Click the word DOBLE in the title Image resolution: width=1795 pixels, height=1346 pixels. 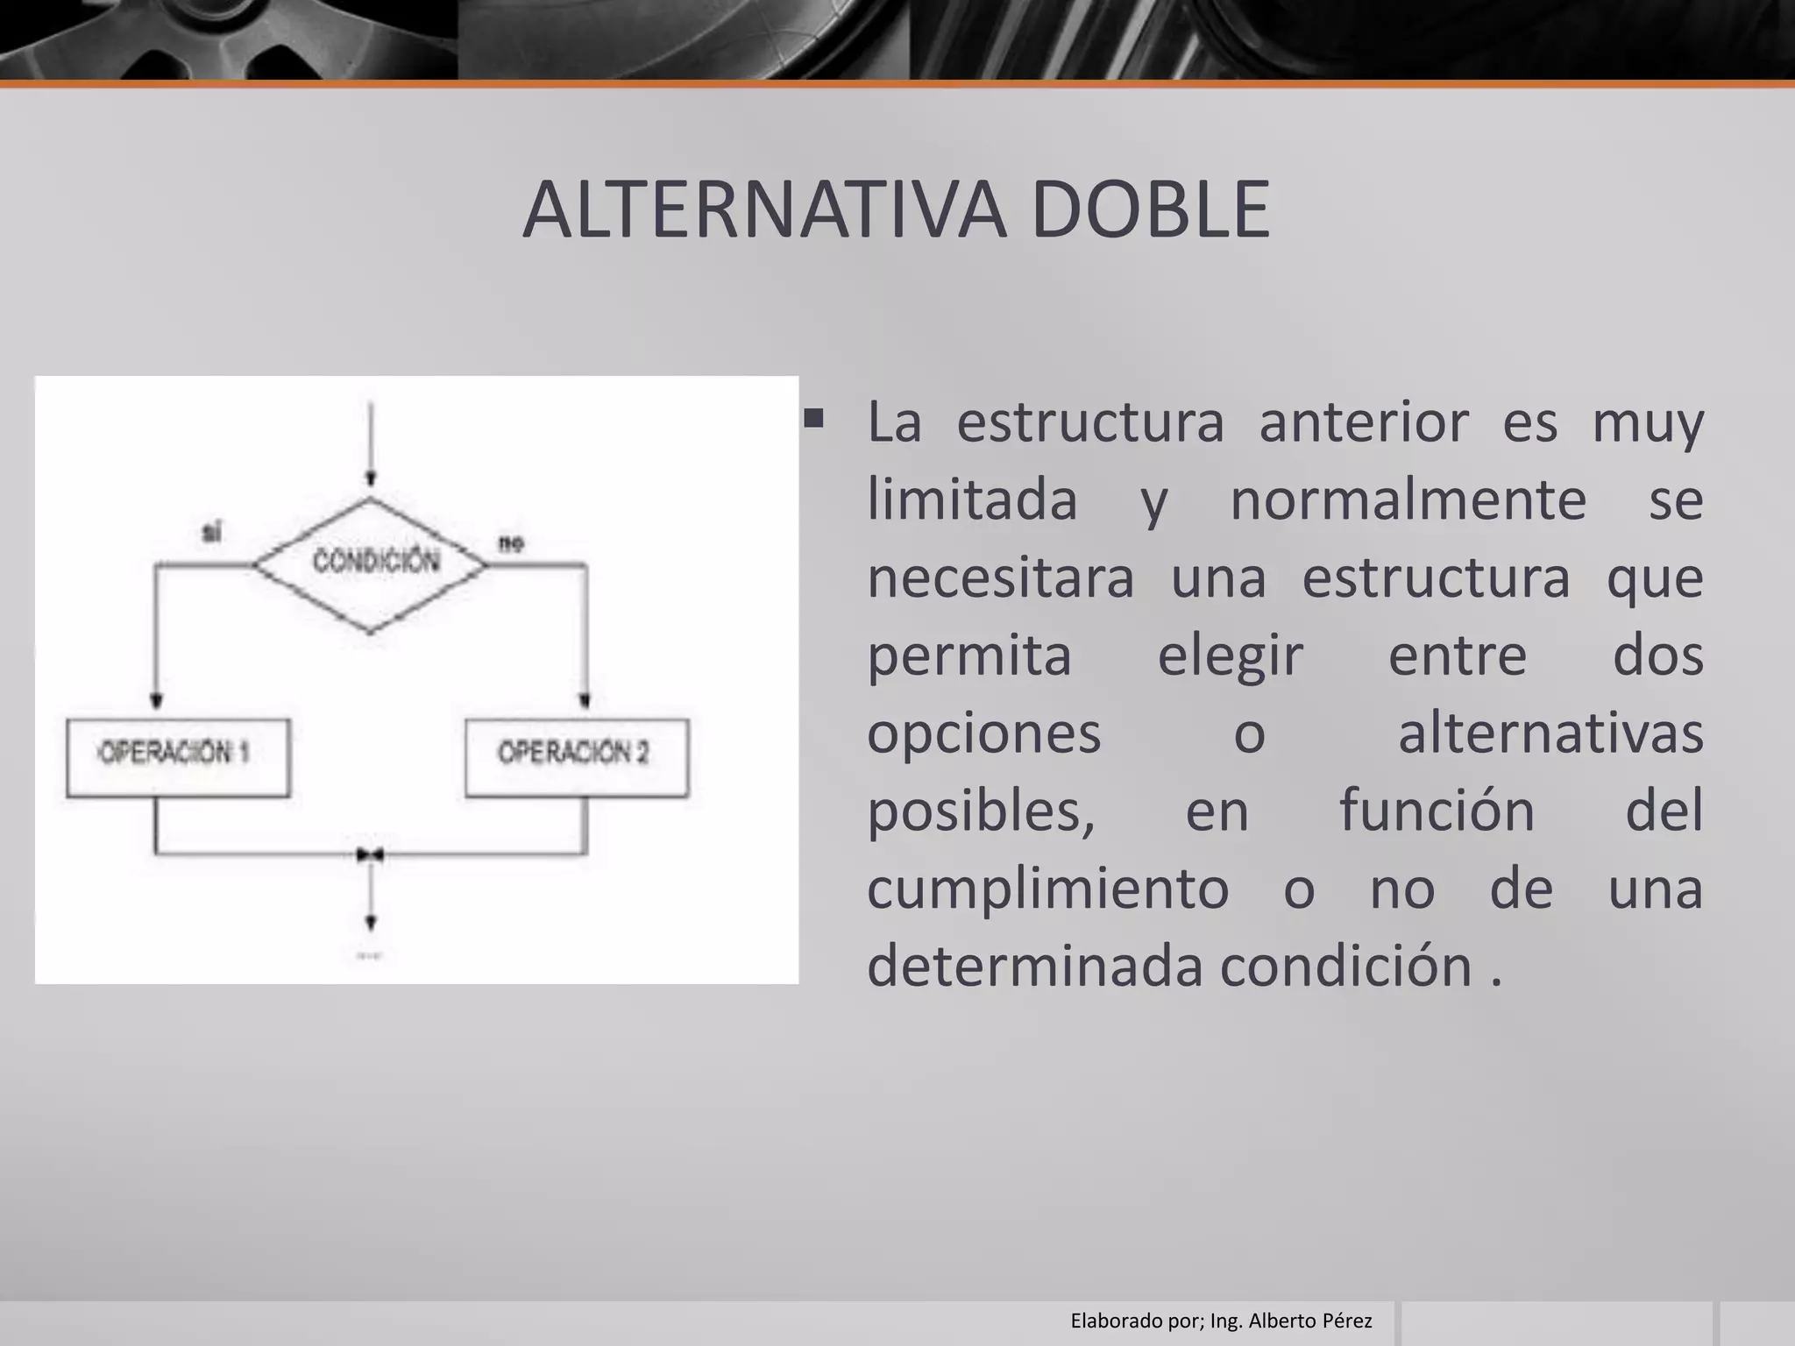[x=1150, y=209]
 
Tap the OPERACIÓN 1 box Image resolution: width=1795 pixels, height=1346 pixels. [x=178, y=757]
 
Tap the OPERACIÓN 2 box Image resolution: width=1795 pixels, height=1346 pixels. [x=577, y=757]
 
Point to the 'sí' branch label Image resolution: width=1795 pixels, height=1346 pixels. [x=212, y=532]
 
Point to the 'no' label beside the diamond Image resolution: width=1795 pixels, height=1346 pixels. [x=511, y=543]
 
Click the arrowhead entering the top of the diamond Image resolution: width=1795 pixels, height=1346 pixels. [x=371, y=478]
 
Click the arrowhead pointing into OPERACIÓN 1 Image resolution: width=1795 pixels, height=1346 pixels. [x=157, y=701]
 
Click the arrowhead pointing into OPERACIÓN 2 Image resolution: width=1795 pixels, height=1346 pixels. [x=585, y=701]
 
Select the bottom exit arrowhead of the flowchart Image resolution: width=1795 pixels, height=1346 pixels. [x=371, y=923]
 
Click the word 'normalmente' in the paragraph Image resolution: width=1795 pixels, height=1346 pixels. [x=1408, y=500]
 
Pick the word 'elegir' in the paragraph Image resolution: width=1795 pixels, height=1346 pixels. [x=1230, y=655]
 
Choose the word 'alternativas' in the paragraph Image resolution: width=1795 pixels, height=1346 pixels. [x=1550, y=733]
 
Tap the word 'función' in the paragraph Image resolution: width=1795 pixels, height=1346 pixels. [x=1437, y=811]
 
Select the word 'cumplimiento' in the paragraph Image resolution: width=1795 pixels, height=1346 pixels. [x=1047, y=889]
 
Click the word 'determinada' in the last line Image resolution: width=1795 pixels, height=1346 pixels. [x=1037, y=966]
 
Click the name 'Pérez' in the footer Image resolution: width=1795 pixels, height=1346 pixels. [x=1347, y=1321]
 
